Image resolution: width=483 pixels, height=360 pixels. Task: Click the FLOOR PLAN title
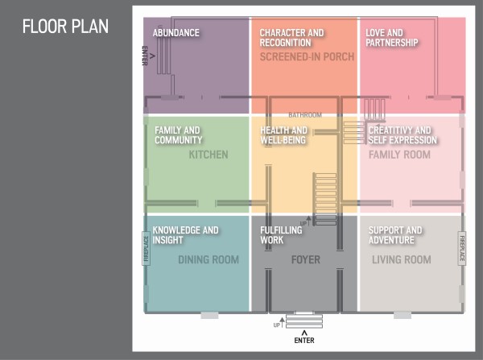pyautogui.click(x=65, y=27)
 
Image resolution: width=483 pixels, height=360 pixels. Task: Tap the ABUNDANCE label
pyautogui.click(x=175, y=33)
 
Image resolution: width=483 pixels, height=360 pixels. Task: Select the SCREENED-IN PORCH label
pyautogui.click(x=307, y=56)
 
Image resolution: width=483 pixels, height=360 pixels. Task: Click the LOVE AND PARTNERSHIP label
pyautogui.click(x=392, y=38)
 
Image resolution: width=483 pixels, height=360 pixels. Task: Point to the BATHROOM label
pyautogui.click(x=305, y=115)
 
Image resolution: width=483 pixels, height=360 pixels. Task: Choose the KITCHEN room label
pyautogui.click(x=208, y=155)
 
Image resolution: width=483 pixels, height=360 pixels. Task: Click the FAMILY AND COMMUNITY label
pyautogui.click(x=179, y=135)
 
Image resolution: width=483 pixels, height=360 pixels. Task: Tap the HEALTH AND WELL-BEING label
pyautogui.click(x=283, y=135)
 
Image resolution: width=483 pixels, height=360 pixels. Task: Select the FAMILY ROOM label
pyautogui.click(x=399, y=155)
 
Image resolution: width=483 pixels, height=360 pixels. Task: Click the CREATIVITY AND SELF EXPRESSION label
pyautogui.click(x=403, y=135)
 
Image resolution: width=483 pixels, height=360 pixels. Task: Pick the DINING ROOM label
pyautogui.click(x=208, y=259)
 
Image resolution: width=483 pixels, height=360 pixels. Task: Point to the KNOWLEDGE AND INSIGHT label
pyautogui.click(x=185, y=235)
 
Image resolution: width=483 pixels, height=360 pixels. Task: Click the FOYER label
pyautogui.click(x=306, y=259)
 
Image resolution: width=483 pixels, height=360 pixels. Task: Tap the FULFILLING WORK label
pyautogui.click(x=281, y=235)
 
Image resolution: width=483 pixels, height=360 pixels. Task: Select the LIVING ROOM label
pyautogui.click(x=402, y=259)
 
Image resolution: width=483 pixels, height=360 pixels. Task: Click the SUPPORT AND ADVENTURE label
pyautogui.click(x=395, y=235)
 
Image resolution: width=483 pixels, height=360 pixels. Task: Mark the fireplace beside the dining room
pyautogui.click(x=146, y=248)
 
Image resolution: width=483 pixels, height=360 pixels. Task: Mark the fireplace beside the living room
pyautogui.click(x=462, y=248)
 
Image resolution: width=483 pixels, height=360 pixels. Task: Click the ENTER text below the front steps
pyautogui.click(x=304, y=341)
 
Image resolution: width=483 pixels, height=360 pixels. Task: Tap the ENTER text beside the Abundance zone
pyautogui.click(x=145, y=56)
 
